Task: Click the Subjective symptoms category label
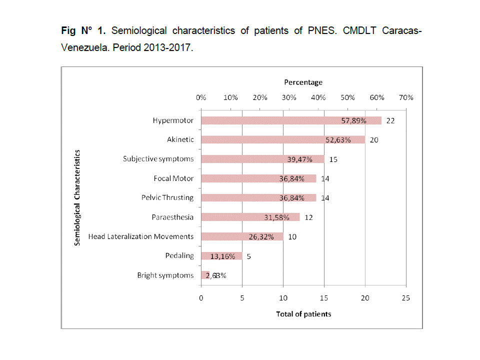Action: pyautogui.click(x=158, y=159)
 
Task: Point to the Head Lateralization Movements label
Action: pyautogui.click(x=140, y=236)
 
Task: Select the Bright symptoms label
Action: pyautogui.click(x=165, y=275)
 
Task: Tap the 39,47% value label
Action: pyautogui.click(x=300, y=159)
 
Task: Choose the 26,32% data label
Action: pyautogui.click(x=261, y=237)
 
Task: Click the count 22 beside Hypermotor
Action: pyautogui.click(x=390, y=121)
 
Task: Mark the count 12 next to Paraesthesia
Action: pyautogui.click(x=308, y=217)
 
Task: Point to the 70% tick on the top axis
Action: pyautogui.click(x=405, y=97)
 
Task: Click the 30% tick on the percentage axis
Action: pyautogui.click(x=289, y=97)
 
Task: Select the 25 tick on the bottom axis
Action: pyautogui.click(x=405, y=298)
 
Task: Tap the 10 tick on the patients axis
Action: pyautogui.click(x=283, y=298)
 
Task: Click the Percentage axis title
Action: pyautogui.click(x=303, y=82)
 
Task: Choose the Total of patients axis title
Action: pyautogui.click(x=303, y=314)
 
